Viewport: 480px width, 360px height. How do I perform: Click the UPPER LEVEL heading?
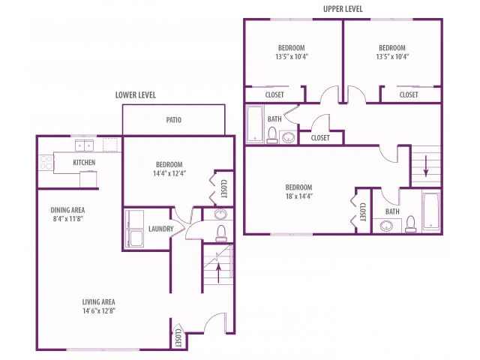(343, 9)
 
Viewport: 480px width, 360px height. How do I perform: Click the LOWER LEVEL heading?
(136, 95)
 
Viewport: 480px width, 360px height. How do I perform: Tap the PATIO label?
(173, 120)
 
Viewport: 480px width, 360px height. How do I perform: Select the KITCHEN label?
(84, 162)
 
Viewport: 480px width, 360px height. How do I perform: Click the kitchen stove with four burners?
(46, 163)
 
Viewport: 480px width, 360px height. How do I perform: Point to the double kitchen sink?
(84, 145)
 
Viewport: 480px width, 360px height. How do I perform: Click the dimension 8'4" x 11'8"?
(67, 218)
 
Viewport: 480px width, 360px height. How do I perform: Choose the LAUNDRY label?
(160, 229)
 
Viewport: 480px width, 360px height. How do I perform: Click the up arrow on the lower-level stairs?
(218, 273)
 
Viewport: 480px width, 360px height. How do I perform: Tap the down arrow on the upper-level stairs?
(426, 166)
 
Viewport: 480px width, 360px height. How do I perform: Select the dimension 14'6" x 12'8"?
(98, 310)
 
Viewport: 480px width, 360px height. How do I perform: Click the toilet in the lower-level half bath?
(221, 233)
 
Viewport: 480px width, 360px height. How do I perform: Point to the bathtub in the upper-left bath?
(255, 124)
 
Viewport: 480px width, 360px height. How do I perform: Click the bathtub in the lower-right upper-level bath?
(431, 211)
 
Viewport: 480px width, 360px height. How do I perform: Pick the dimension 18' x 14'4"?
(298, 196)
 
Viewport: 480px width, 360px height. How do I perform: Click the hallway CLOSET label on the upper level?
(320, 138)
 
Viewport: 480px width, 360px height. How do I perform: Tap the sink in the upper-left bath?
(288, 137)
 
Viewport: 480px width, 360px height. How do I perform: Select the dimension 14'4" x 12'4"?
(169, 173)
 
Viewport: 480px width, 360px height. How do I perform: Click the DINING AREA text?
(67, 210)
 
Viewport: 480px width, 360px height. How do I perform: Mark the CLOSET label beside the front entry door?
(178, 338)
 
